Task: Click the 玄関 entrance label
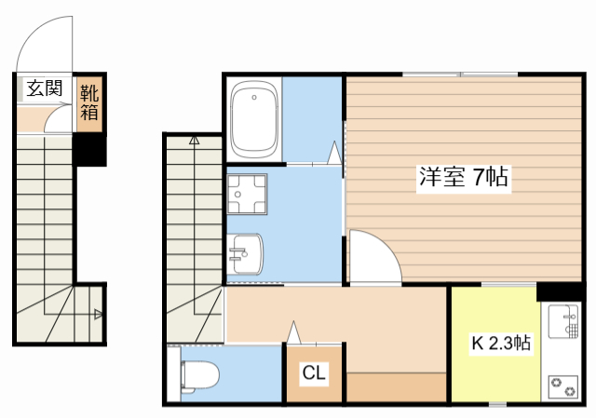point(44,89)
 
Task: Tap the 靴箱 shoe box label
point(89,102)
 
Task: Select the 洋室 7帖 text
point(463,177)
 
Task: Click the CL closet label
point(314,374)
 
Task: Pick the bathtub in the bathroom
point(254,120)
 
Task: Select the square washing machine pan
point(248,195)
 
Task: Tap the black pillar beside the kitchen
point(559,290)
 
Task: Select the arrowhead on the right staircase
point(194,142)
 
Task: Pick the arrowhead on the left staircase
point(98,314)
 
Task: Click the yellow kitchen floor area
point(494,372)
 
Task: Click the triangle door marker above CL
point(294,330)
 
